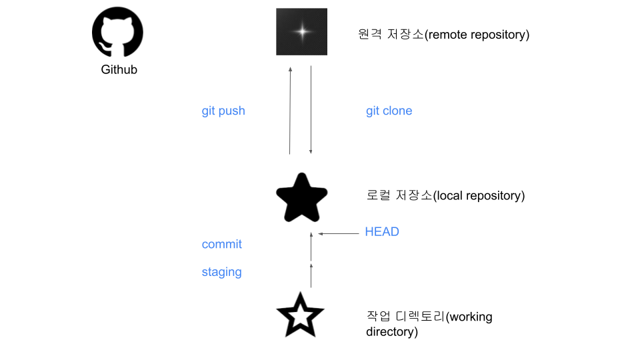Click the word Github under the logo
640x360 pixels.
pyautogui.click(x=119, y=69)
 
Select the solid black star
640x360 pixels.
pyautogui.click(x=301, y=198)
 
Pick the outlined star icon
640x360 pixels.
pyautogui.click(x=300, y=315)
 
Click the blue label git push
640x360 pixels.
pyautogui.click(x=223, y=111)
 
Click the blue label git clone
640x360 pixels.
pyautogui.click(x=389, y=111)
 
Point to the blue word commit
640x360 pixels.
pyautogui.click(x=221, y=244)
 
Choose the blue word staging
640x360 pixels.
pyautogui.click(x=221, y=272)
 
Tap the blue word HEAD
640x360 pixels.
pyautogui.click(x=382, y=232)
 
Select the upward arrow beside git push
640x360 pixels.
pyautogui.click(x=290, y=110)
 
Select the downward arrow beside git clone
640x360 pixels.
pyautogui.click(x=311, y=110)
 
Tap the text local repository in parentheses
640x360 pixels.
pyautogui.click(x=479, y=196)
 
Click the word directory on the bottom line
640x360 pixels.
pyautogui.click(x=390, y=331)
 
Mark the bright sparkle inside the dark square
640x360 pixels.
pyautogui.click(x=302, y=31)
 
